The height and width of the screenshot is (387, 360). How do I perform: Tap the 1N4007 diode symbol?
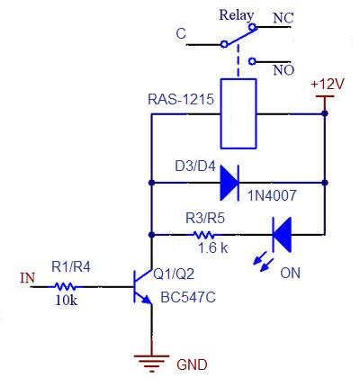[229, 183]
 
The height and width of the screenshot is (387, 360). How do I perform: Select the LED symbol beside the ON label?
[282, 235]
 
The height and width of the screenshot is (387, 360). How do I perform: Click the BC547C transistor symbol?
[143, 286]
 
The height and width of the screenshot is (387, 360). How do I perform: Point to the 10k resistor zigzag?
[65, 287]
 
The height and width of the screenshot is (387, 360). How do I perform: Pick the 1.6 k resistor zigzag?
[203, 235]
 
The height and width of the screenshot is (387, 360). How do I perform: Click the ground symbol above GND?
[152, 363]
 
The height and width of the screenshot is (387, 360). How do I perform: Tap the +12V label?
[328, 85]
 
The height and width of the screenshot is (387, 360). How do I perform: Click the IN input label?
[28, 278]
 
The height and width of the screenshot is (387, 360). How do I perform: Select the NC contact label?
[283, 19]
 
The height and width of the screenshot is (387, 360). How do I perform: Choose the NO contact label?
[283, 70]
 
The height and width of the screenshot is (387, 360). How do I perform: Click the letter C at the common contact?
[181, 33]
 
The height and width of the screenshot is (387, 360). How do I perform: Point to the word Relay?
[237, 15]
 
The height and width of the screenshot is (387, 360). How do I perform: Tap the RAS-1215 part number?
[181, 99]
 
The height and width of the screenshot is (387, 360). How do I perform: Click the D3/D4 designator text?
[195, 166]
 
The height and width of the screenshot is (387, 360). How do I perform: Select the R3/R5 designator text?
[205, 218]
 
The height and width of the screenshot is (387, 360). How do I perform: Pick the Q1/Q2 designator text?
[174, 274]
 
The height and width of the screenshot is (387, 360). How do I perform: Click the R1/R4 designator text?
[71, 266]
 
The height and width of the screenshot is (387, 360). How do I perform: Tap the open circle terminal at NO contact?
[253, 61]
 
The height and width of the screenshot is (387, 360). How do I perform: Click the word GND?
[192, 364]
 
